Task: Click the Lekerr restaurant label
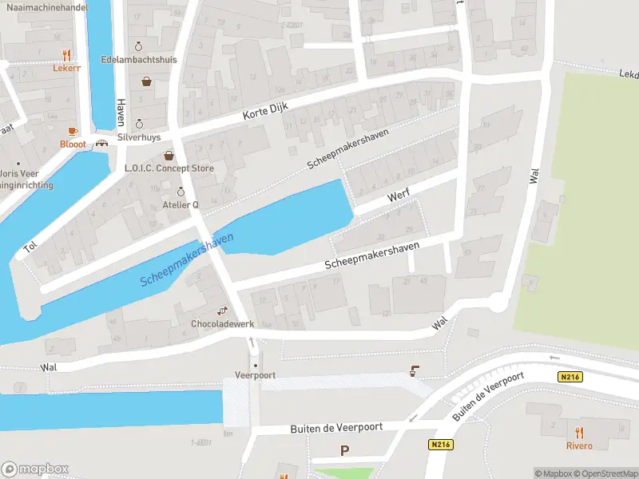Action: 66,68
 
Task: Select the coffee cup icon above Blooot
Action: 72,131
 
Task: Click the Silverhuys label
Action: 139,137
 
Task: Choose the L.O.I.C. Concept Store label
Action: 169,168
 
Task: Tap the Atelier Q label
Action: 181,204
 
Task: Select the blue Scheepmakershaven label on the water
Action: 187,261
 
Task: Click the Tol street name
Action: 30,247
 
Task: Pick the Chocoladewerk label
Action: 222,324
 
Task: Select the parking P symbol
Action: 345,450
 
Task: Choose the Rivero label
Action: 579,445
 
